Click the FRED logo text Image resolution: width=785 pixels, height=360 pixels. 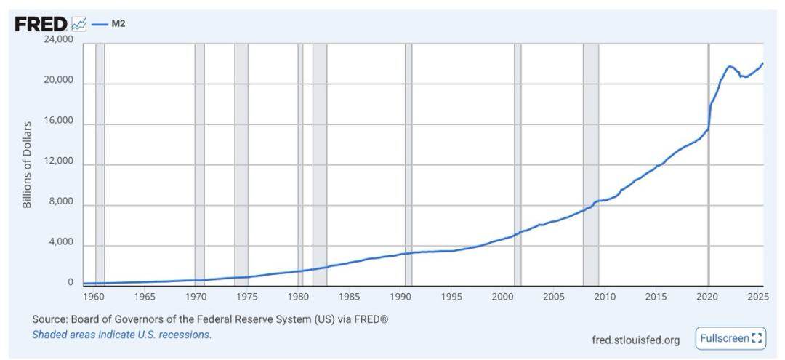coord(41,24)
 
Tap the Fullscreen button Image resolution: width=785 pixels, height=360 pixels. coord(730,338)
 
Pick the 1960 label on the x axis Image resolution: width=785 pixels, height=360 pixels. coord(94,297)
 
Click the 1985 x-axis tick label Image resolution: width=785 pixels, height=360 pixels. coord(349,297)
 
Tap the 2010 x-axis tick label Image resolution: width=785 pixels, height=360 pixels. coord(605,297)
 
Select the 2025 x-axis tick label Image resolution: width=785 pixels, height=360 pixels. coord(757,297)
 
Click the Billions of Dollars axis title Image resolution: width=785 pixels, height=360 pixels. coord(28,164)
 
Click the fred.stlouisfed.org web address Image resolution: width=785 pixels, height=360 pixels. coord(636,340)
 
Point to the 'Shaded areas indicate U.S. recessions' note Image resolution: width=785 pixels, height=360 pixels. coord(122,335)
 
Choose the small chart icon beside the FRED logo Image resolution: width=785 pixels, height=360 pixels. coord(79,25)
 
